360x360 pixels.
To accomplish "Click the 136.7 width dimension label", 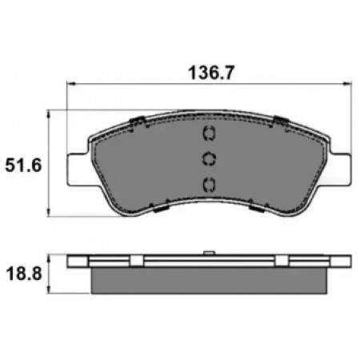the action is point(211,73).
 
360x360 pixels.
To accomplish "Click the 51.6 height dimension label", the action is point(23,166).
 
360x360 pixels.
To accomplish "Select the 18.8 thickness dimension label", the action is point(24,274).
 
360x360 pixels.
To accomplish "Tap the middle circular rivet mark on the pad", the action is point(209,159).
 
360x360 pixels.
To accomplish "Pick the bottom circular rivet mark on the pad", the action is point(209,184).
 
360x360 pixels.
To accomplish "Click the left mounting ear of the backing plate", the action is point(78,170).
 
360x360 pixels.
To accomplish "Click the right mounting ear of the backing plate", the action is point(340,170).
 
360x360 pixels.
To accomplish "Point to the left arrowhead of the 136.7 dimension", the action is point(70,84).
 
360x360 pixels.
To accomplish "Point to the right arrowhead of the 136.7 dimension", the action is point(348,84).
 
